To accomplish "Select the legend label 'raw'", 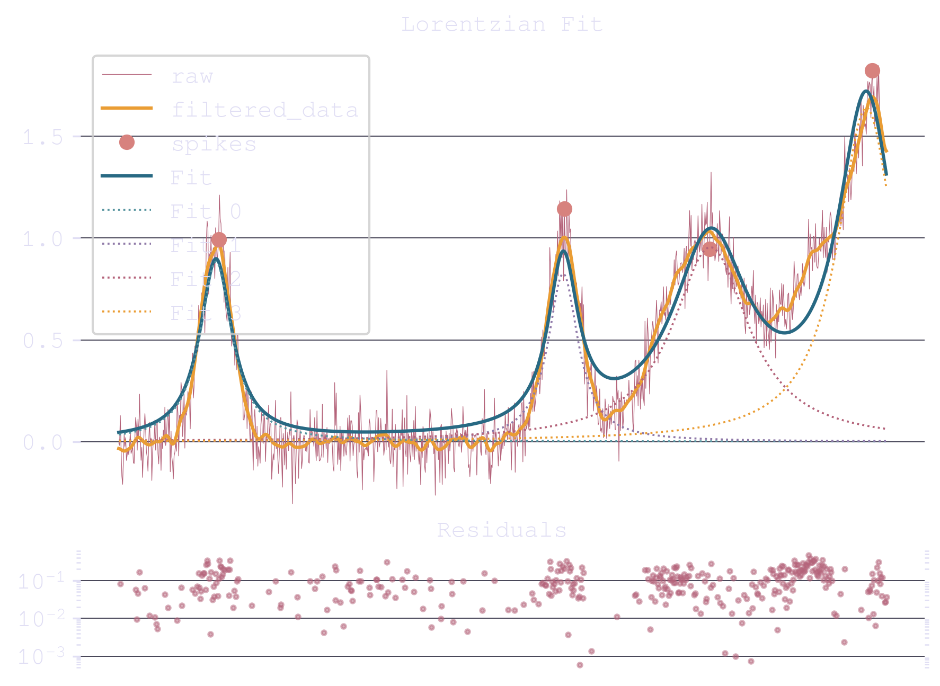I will click(192, 77).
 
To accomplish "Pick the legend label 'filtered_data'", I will click(264, 110).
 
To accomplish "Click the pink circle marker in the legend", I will click(127, 142).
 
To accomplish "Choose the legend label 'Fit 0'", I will click(206, 211).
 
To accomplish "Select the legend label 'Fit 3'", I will click(206, 313).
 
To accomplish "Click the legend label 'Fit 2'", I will click(206, 279).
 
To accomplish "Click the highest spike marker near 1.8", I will click(872, 70).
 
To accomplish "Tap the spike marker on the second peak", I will click(564, 209).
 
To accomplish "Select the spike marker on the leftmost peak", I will click(219, 240).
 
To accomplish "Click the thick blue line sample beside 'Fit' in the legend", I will click(127, 176).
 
